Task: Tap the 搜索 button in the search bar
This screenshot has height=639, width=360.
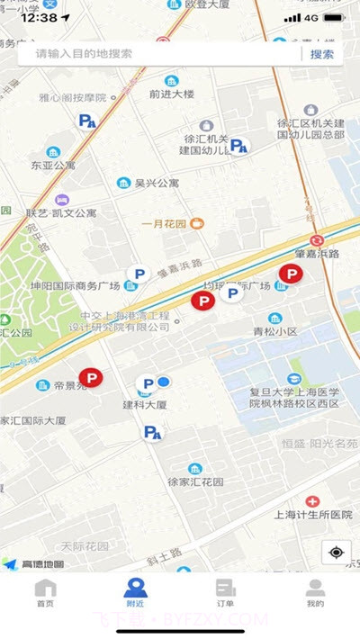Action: [321, 54]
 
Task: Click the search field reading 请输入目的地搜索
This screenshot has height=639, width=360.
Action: [162, 54]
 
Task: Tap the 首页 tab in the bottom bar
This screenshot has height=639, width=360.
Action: [45, 593]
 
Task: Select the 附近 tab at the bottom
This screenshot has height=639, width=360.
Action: [135, 593]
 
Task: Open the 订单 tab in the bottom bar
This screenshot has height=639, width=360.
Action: [225, 593]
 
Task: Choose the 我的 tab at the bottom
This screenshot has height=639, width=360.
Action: [315, 593]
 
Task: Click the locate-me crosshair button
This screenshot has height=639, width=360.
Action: [336, 552]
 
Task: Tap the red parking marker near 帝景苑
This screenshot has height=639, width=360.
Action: [91, 379]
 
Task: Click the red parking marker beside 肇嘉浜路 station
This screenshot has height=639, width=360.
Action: [291, 274]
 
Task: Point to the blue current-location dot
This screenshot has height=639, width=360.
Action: [164, 382]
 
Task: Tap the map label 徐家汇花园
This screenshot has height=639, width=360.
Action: [195, 481]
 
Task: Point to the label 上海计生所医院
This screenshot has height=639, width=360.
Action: [312, 515]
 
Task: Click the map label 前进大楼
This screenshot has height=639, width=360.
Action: [171, 93]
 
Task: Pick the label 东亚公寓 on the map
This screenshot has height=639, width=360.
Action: [53, 166]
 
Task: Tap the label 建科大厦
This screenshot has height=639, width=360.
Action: [145, 406]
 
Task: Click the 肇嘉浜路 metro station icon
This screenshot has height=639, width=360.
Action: [317, 240]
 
